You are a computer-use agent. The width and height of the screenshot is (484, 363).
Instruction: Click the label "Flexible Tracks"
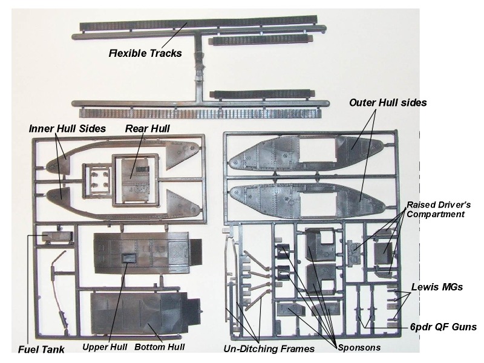145,53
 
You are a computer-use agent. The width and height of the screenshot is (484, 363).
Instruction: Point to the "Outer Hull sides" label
388,103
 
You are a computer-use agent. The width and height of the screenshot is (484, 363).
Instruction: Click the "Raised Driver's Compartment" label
439,210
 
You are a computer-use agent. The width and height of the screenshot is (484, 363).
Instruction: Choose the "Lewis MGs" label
437,287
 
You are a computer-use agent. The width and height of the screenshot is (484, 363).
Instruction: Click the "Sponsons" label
359,347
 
